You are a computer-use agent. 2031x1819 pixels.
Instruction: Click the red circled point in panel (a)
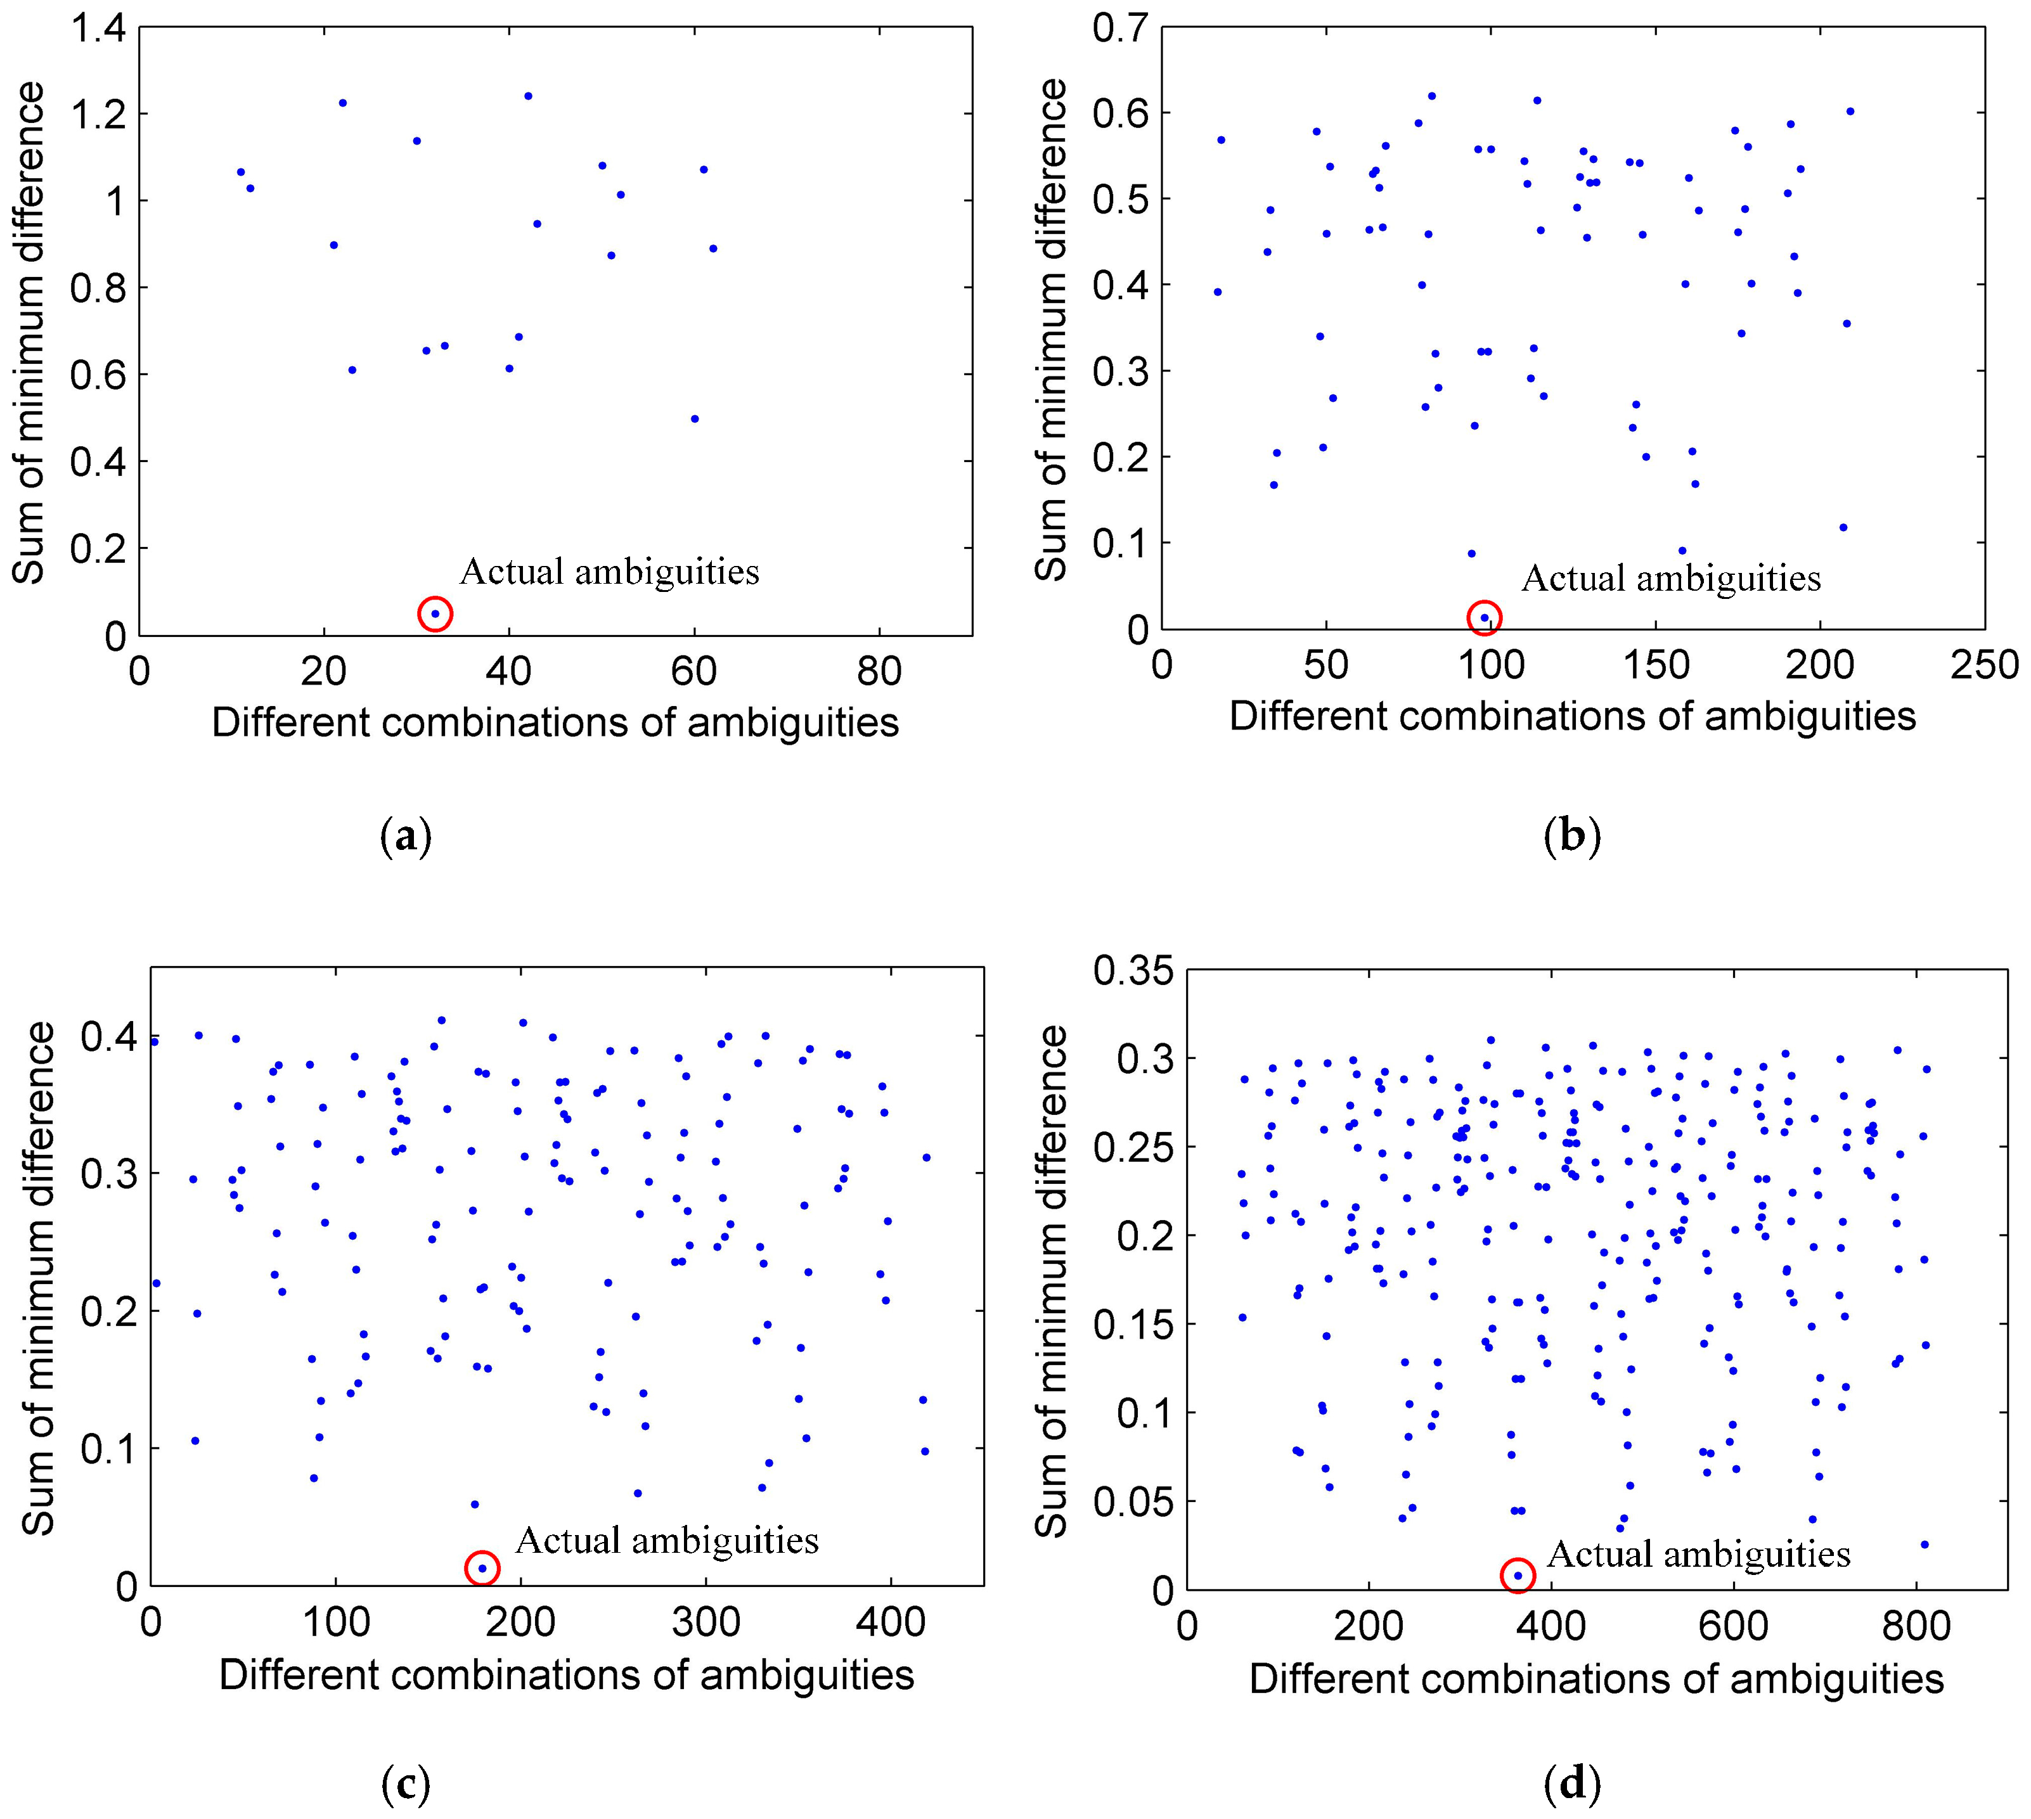tap(435, 614)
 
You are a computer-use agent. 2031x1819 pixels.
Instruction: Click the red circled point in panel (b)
tap(1485, 618)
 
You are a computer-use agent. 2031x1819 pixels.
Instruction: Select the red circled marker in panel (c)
tap(482, 1568)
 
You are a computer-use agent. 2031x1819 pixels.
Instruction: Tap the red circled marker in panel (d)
tap(1518, 1575)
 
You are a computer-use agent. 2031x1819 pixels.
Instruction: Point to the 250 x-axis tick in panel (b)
tap(1984, 665)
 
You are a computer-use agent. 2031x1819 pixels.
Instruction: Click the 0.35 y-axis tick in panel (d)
tap(1132, 970)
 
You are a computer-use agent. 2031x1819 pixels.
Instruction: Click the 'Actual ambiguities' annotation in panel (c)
tap(667, 1540)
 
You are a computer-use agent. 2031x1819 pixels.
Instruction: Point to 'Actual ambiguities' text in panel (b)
tap(1670, 579)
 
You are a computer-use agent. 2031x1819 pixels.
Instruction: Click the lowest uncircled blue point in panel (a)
tap(695, 419)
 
